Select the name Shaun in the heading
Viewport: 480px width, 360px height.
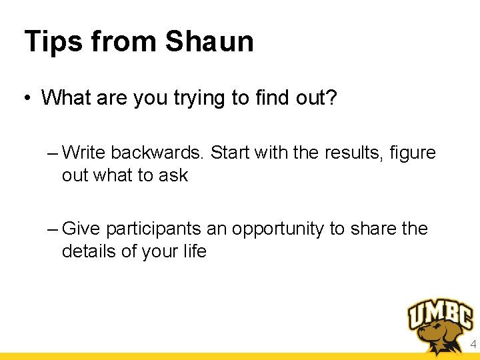coord(209,41)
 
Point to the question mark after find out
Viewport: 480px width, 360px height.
coord(332,97)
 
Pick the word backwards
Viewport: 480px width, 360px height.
coord(158,153)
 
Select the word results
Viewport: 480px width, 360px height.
coord(350,153)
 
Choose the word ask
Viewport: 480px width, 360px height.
coord(174,175)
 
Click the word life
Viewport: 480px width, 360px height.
coord(195,251)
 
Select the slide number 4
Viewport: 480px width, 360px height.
coord(473,345)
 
